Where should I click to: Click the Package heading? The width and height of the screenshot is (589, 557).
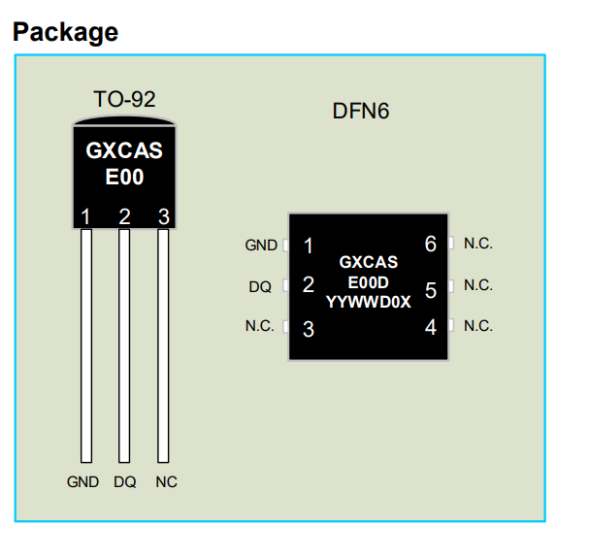pyautogui.click(x=65, y=32)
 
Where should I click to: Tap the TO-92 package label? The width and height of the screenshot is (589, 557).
pyautogui.click(x=124, y=99)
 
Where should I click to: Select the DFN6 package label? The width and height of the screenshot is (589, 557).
pyautogui.click(x=360, y=111)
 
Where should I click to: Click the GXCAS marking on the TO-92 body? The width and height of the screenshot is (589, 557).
pyautogui.click(x=124, y=151)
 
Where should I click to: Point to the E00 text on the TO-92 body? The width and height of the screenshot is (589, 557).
pyautogui.click(x=124, y=178)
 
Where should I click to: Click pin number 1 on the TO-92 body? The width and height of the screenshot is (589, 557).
pyautogui.click(x=86, y=216)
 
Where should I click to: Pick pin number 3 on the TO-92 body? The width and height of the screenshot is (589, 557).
pyautogui.click(x=163, y=216)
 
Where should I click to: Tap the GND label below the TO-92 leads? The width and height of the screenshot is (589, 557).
pyautogui.click(x=83, y=482)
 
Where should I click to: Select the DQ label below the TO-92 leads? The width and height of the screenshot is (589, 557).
pyautogui.click(x=124, y=482)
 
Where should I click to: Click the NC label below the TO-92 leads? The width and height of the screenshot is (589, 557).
pyautogui.click(x=166, y=482)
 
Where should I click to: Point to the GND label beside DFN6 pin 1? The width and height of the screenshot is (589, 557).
pyautogui.click(x=261, y=246)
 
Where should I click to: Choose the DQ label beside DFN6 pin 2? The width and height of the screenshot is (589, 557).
pyautogui.click(x=260, y=286)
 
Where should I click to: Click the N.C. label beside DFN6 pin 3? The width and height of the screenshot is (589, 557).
pyautogui.click(x=259, y=326)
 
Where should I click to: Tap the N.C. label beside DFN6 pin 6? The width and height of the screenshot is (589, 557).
pyautogui.click(x=478, y=244)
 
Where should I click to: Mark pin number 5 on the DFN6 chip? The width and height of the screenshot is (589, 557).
pyautogui.click(x=431, y=289)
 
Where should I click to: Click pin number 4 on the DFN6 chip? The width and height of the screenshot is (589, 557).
pyautogui.click(x=431, y=327)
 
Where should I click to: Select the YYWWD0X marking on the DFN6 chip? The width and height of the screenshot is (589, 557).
pyautogui.click(x=369, y=302)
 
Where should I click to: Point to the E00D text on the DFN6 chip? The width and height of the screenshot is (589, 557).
pyautogui.click(x=368, y=281)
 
